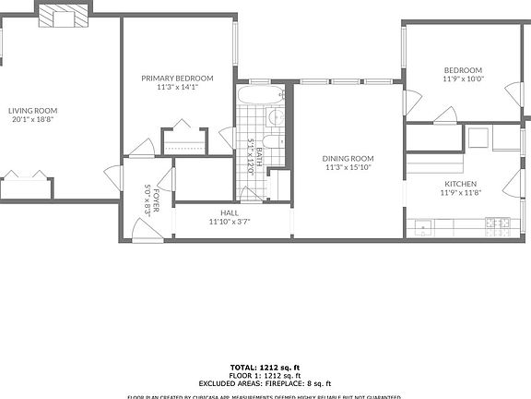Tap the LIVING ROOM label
point(29,110)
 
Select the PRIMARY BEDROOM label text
point(177,79)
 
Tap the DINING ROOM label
point(348,159)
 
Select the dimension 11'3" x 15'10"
point(348,168)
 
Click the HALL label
point(230,212)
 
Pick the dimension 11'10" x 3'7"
point(230,222)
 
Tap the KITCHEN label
point(461,184)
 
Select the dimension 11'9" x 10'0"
point(463,79)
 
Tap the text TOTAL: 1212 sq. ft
point(265,368)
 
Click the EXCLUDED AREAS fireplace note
point(265,383)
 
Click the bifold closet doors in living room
point(27,175)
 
